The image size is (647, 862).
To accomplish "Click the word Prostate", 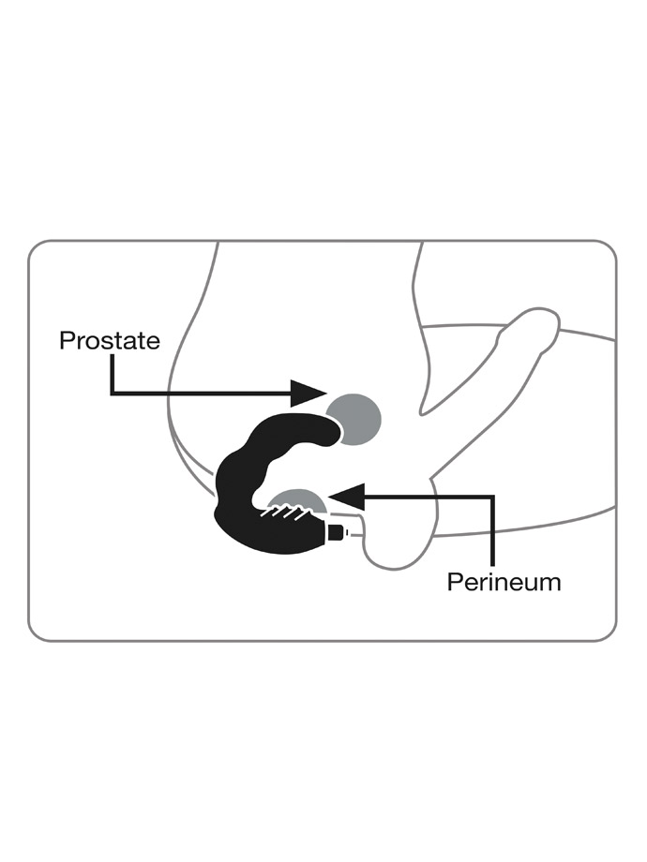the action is point(110,341).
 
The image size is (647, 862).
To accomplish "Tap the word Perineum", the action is point(504,582).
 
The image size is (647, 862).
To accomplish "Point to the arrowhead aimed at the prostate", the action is point(309,394).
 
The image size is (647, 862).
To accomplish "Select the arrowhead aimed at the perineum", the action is point(348,497).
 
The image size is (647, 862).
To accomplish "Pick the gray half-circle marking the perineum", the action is point(300,503).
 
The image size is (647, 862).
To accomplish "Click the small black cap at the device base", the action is point(336,533).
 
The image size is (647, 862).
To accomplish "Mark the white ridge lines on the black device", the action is point(284,513).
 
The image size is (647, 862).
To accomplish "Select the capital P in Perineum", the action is point(455,582).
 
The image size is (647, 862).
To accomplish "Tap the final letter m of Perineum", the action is point(551,584).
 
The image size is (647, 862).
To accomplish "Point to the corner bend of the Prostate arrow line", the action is point(113,394).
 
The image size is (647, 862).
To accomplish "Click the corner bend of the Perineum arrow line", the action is point(493,497).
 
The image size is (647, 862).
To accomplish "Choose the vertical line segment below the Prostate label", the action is point(113,374).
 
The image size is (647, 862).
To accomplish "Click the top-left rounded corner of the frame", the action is point(37,248).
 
